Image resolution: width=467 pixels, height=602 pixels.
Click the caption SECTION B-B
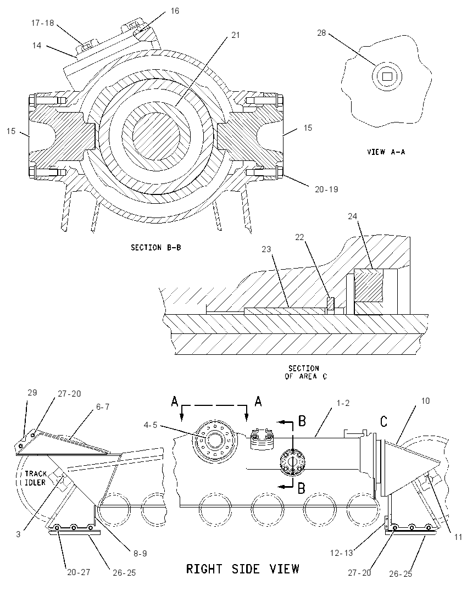point(156,248)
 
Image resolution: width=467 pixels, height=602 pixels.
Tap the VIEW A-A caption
point(386,152)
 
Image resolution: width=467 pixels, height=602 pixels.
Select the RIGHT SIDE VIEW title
point(242,568)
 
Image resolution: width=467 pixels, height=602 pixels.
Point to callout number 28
point(321,33)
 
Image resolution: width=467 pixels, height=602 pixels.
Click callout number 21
point(235,35)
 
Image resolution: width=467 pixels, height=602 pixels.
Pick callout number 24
point(353,216)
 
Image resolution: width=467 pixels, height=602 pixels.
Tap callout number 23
point(266,249)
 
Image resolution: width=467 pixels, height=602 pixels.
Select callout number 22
point(299,237)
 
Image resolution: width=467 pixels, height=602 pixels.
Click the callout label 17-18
point(43,23)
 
